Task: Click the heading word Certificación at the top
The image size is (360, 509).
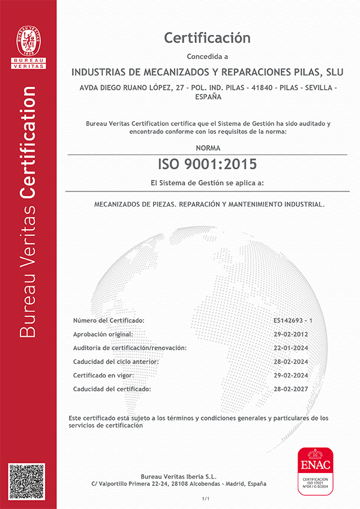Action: click(x=207, y=38)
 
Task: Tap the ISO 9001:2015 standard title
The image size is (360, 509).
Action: click(x=207, y=163)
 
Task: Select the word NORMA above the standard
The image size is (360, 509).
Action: click(x=208, y=147)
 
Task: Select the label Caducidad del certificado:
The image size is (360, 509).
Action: click(x=112, y=389)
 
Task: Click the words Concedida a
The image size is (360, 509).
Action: click(x=208, y=57)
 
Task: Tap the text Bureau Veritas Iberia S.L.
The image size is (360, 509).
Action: click(x=179, y=477)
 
